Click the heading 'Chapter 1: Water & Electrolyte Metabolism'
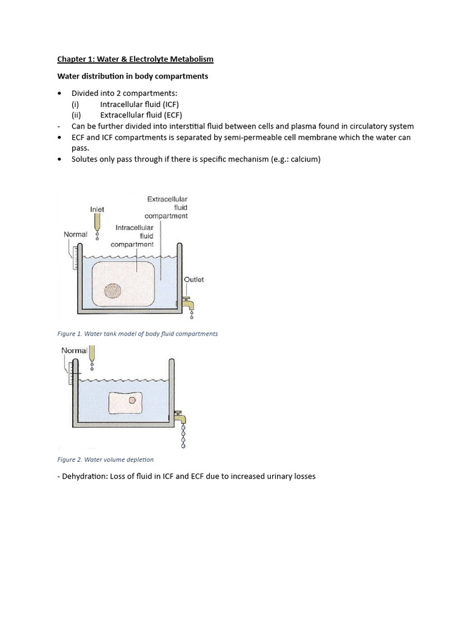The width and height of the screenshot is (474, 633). [x=135, y=59]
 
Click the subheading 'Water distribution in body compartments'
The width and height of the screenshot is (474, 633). [x=133, y=76]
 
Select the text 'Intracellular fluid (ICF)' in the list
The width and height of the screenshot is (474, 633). [x=139, y=104]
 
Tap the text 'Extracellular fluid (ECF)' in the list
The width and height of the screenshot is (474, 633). [x=141, y=114]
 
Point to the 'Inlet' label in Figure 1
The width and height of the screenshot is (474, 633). [x=97, y=210]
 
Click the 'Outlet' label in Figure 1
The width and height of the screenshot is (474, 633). [x=194, y=279]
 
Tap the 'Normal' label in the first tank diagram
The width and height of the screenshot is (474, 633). [x=75, y=234]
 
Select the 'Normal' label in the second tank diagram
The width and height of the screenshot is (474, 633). [x=74, y=350]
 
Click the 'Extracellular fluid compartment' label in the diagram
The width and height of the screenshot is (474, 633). [x=167, y=208]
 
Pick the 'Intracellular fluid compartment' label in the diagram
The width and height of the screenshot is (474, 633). [x=132, y=236]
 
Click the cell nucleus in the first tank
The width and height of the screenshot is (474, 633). [x=113, y=291]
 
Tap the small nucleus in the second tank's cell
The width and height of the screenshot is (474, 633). [x=132, y=401]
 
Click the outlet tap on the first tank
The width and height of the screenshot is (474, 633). [x=188, y=304]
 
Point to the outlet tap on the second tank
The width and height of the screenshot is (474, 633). [x=181, y=418]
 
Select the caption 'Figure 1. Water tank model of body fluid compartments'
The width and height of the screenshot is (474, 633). [x=137, y=334]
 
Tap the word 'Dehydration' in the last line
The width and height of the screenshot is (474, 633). [x=85, y=477]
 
